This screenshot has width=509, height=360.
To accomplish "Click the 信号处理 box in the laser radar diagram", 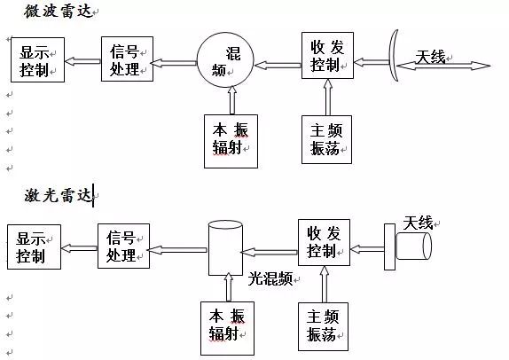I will pyautogui.click(x=123, y=246).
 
